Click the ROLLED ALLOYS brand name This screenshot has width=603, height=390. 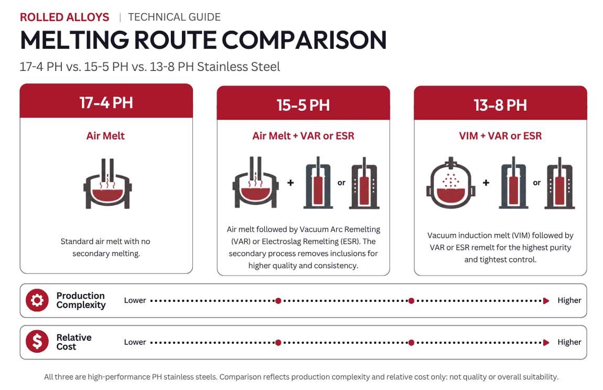[64, 17]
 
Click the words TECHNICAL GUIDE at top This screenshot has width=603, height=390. [174, 17]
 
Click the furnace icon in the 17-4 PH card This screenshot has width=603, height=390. [107, 184]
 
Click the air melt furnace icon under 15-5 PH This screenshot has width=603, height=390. [255, 182]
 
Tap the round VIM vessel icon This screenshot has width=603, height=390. [451, 183]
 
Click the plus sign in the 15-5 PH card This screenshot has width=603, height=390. [290, 183]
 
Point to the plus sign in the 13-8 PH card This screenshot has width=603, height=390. [486, 183]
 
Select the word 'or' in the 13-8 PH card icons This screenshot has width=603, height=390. [537, 183]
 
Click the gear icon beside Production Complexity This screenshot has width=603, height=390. [37, 300]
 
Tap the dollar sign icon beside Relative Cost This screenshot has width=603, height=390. [37, 341]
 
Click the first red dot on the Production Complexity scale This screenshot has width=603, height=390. [278, 301]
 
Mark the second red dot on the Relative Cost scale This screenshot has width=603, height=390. [411, 342]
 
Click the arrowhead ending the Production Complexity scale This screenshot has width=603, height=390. [546, 301]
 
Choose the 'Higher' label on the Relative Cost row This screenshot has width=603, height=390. [569, 342]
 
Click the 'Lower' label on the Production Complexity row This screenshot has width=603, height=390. [135, 300]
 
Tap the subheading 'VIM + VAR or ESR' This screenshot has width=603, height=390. [500, 136]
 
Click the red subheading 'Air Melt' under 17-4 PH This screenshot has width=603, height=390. [105, 136]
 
